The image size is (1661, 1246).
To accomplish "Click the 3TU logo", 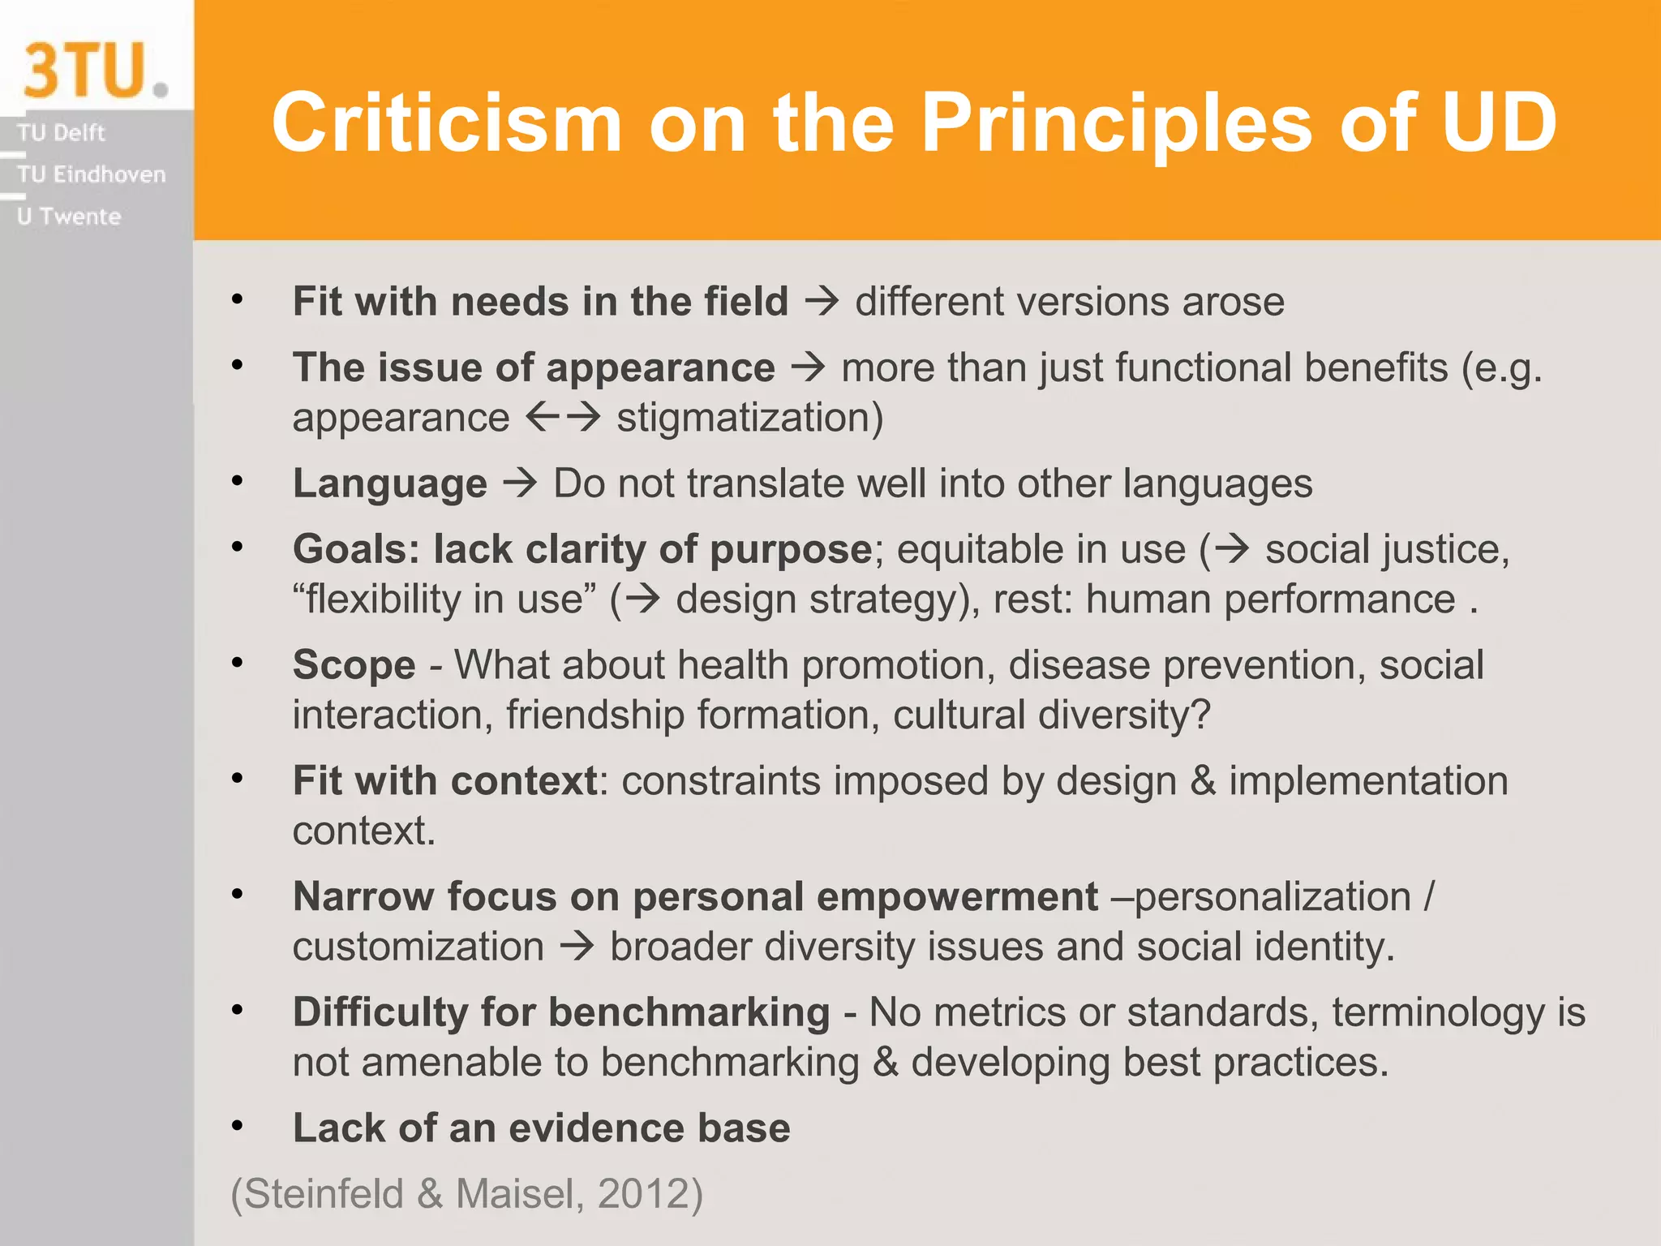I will (93, 71).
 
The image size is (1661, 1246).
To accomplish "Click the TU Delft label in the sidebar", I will (62, 132).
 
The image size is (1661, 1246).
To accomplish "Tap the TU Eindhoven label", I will (91, 174).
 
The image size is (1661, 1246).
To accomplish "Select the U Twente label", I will (69, 217).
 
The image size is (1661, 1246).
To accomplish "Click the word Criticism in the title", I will (447, 122).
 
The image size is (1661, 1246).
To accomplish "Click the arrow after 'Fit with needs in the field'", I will (822, 302).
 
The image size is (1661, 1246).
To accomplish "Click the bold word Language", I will (390, 483).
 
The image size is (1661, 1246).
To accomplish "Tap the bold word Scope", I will (354, 665).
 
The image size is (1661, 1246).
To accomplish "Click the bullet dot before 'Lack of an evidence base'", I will (237, 1126).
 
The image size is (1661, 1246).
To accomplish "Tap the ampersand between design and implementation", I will (1203, 781).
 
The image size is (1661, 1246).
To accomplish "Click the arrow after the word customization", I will (577, 947).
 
